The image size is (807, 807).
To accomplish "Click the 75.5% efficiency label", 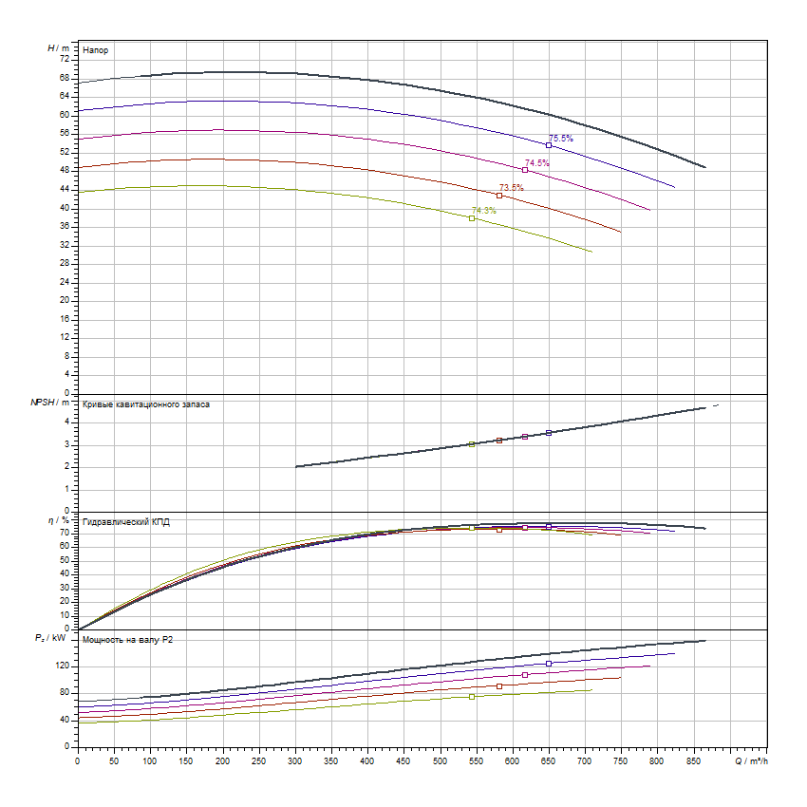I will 561,139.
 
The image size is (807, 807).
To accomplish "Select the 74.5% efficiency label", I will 537,163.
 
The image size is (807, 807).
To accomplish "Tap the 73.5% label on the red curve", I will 511,187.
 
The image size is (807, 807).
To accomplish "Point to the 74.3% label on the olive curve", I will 484,211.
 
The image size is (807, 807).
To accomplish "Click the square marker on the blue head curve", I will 549,145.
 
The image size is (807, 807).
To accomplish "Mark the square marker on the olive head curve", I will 472,218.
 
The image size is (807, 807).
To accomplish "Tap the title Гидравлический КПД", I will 126,522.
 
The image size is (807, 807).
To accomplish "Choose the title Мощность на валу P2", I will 128,640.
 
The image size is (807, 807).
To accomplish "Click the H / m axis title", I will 58,47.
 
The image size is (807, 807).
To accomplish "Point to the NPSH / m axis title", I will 49,403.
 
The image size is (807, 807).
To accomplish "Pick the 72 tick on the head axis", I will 65,59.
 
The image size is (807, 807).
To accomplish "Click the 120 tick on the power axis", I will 62,666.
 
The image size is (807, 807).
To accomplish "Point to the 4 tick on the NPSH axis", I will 67,422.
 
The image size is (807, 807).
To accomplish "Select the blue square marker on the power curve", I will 549,664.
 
